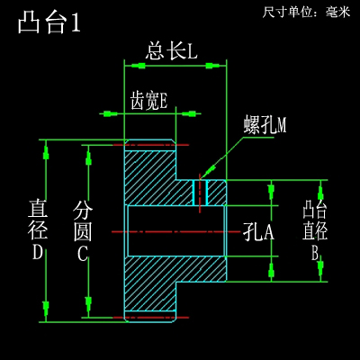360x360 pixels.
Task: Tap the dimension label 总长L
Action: [171, 50]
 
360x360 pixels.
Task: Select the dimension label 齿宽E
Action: [148, 100]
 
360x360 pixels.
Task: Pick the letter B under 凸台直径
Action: [316, 253]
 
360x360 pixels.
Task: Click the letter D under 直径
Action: [38, 252]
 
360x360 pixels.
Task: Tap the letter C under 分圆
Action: [83, 254]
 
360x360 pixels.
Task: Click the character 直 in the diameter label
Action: [38, 209]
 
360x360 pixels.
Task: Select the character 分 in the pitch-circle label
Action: [83, 211]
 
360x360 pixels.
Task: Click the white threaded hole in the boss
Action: [200, 193]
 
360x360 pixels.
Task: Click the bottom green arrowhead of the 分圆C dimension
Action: [88, 304]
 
